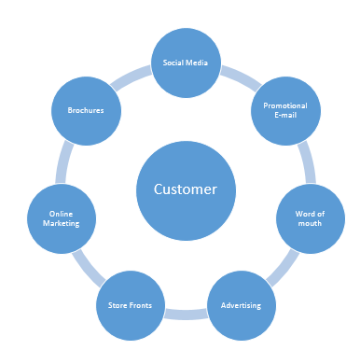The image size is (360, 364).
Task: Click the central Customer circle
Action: (x=185, y=189)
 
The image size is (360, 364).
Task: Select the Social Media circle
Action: (x=185, y=64)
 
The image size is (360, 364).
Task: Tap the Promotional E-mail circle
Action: (x=285, y=111)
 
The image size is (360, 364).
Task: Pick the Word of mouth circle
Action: (x=311, y=218)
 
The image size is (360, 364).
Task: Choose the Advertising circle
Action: (x=241, y=305)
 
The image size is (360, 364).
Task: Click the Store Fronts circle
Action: (x=131, y=305)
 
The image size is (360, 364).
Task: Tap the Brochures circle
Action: (x=85, y=111)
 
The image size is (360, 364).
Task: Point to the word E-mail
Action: (x=285, y=117)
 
